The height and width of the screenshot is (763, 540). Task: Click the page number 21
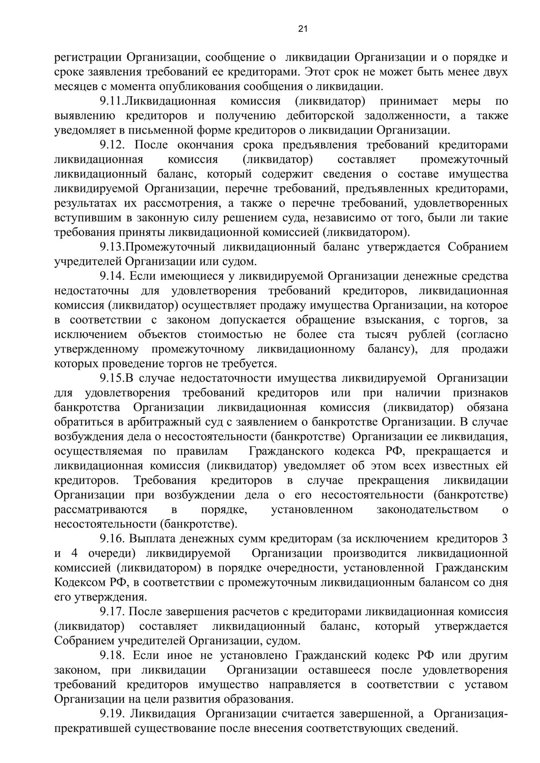click(x=302, y=29)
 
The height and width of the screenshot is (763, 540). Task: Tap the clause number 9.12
click(x=112, y=145)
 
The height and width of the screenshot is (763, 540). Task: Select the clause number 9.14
click(x=112, y=276)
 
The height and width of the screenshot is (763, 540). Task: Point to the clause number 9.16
click(x=112, y=539)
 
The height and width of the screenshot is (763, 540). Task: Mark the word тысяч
click(x=382, y=335)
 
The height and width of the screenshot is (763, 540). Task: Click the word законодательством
click(x=427, y=509)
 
